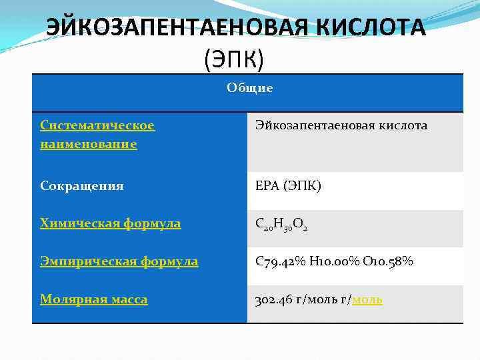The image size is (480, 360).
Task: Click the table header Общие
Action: [249, 88]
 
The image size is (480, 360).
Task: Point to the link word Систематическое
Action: [97, 125]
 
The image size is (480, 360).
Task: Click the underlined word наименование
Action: [89, 143]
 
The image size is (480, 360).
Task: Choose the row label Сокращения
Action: [82, 185]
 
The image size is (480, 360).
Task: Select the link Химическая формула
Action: [110, 223]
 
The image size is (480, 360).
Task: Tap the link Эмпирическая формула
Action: [119, 261]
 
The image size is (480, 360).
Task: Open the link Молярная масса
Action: [94, 299]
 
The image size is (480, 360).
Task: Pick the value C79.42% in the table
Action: [281, 261]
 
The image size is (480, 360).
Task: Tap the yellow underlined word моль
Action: [367, 299]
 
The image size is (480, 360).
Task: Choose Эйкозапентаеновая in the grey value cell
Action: [314, 125]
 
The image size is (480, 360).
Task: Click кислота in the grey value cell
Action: [403, 125]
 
